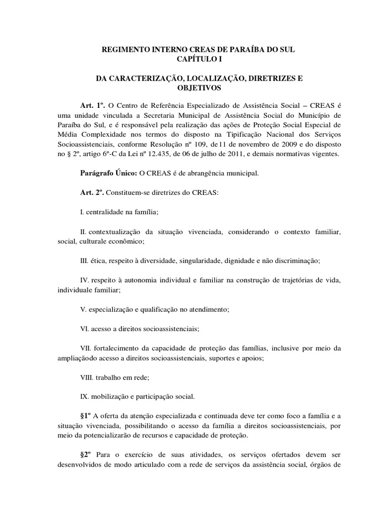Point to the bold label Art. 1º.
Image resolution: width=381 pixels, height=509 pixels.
tap(93, 106)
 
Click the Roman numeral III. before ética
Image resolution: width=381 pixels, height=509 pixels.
tap(85, 260)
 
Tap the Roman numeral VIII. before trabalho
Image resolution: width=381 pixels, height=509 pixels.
tap(86, 377)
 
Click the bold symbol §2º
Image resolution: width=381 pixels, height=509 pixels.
tap(88, 454)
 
